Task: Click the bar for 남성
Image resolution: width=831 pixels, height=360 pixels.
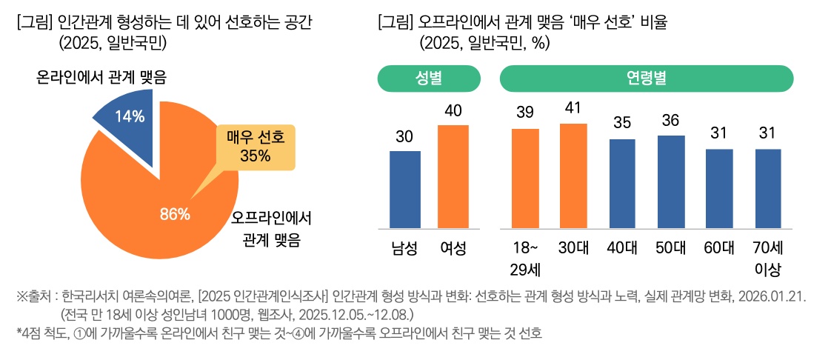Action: coord(404,190)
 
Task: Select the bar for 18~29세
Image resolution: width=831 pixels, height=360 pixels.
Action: coord(525,179)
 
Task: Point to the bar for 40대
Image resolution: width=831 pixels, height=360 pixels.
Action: coord(622,183)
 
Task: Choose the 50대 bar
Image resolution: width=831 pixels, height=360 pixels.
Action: coord(670,181)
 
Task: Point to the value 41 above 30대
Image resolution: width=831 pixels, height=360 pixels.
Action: coord(573,108)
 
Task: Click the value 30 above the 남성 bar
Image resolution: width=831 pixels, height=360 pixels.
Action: coord(404,136)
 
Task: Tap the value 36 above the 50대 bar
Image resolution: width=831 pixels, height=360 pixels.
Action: coord(670,120)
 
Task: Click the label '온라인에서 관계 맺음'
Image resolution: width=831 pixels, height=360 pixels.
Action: coord(101,77)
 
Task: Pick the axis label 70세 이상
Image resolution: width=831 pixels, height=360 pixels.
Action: coord(768,257)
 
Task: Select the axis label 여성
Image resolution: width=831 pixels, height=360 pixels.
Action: coord(453,248)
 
